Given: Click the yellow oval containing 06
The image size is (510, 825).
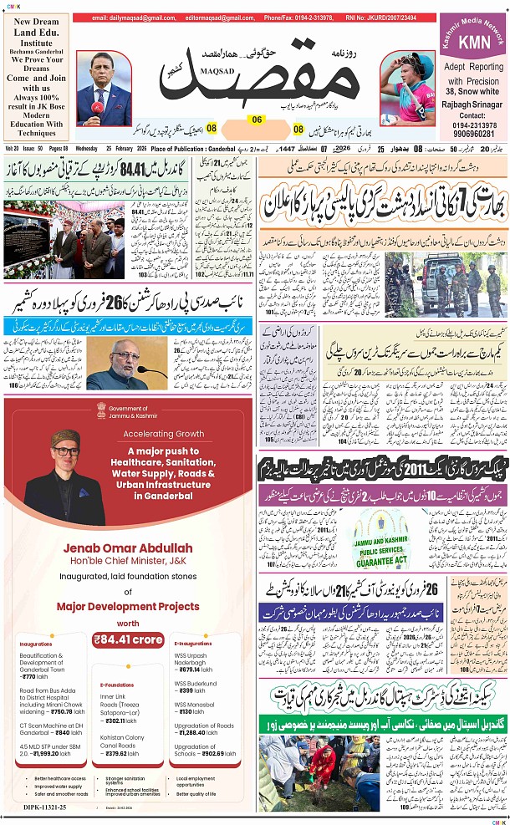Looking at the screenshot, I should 257,120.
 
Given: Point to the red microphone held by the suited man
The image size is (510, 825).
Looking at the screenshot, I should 98,109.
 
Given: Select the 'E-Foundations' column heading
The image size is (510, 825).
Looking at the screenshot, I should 117,685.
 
